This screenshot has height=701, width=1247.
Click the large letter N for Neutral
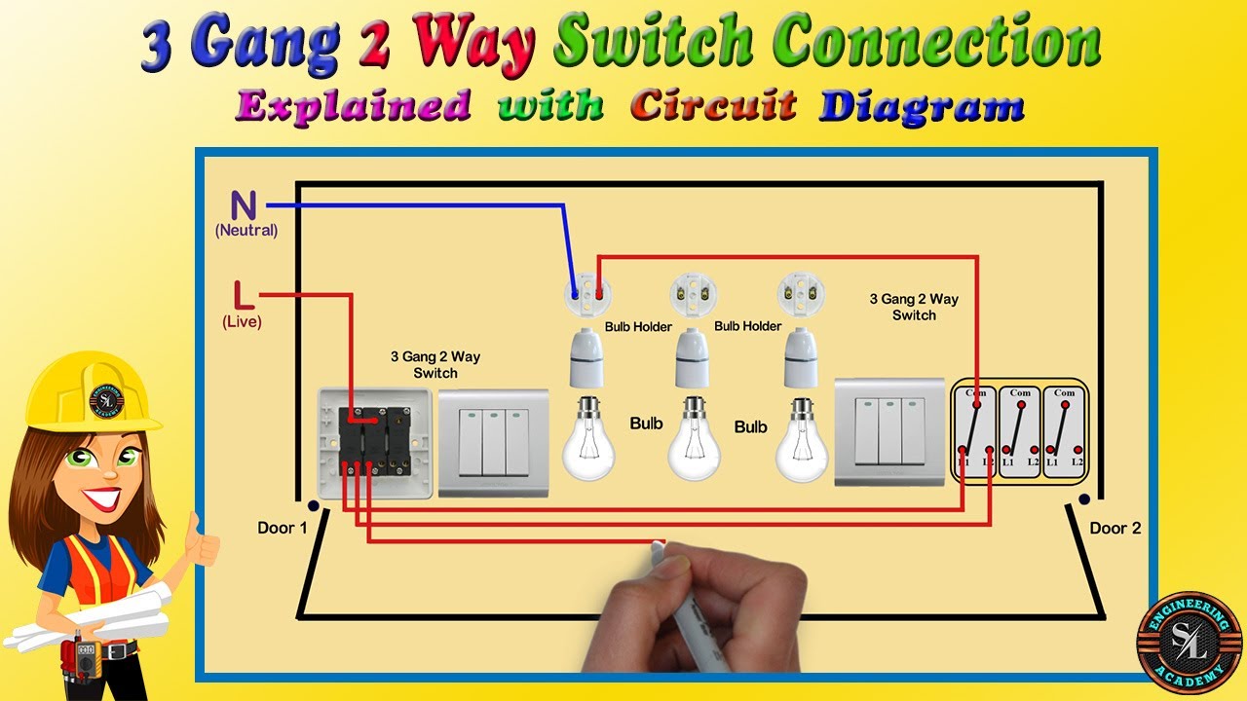244,205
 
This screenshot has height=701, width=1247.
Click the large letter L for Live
242,295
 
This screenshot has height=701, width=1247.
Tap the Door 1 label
283,528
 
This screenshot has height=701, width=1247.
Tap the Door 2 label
1115,528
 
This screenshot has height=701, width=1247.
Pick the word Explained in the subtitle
353,104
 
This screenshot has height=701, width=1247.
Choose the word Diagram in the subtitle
921,104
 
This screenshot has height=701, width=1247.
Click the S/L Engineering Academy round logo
1190,643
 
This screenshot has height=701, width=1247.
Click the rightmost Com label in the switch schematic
1064,393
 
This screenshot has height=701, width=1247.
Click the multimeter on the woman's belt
85,650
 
